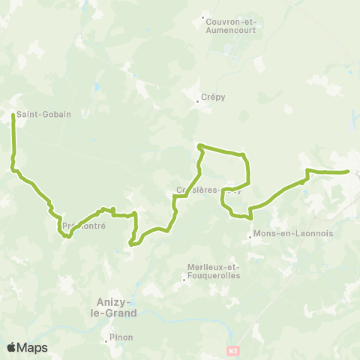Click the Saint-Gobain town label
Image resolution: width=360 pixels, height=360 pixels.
pos(43,115)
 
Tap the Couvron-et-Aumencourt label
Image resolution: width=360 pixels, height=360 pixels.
pos(231,26)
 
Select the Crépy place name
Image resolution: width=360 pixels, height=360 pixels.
pos(214,97)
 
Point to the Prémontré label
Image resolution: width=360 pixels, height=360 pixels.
pos(84,225)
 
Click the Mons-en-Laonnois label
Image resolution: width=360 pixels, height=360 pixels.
pos(283,235)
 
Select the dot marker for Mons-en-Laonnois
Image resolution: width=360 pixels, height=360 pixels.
pos(250,240)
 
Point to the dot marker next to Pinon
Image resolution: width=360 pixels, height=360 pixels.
pos(106,342)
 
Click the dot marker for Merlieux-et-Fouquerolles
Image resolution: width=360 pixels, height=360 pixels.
pos(184,280)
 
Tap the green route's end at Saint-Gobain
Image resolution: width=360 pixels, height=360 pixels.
pos(13,115)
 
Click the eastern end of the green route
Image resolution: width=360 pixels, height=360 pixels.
pos(349,172)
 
